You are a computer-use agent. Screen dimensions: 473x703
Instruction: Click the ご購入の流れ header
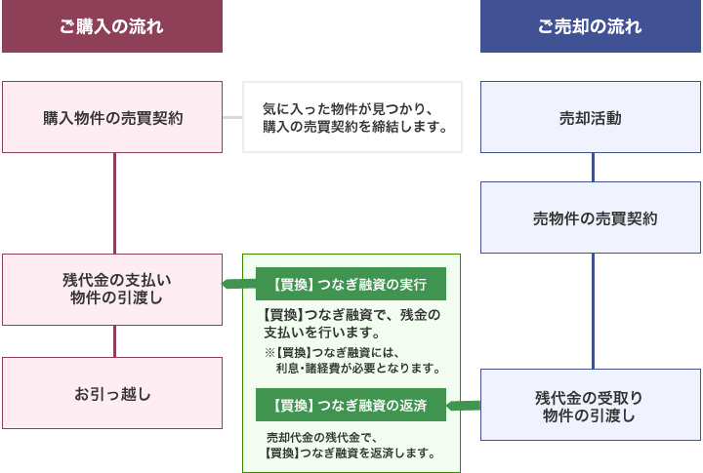[x=111, y=26]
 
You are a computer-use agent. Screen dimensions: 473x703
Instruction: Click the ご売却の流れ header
[x=590, y=26]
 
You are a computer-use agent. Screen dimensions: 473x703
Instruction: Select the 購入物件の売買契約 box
[x=111, y=118]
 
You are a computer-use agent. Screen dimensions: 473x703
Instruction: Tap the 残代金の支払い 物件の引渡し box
[x=111, y=290]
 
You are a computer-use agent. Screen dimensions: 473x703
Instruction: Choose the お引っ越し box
[x=111, y=393]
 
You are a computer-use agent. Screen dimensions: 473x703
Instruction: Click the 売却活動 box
[x=590, y=118]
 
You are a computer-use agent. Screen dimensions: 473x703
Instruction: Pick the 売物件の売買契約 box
[x=590, y=217]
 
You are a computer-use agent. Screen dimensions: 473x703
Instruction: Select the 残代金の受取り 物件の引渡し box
[x=590, y=405]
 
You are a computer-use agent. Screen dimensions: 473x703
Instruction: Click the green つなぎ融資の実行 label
[x=351, y=285]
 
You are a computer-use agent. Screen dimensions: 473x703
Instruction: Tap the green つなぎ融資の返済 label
[x=351, y=404]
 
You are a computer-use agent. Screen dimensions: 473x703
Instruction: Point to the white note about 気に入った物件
[x=352, y=118]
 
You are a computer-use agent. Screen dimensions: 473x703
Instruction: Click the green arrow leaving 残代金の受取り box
[x=465, y=404]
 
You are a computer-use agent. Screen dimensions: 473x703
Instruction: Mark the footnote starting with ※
[x=352, y=361]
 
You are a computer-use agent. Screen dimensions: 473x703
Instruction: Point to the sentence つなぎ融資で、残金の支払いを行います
[x=351, y=323]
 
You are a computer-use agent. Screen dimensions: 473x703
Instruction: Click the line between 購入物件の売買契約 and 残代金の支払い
[x=115, y=203]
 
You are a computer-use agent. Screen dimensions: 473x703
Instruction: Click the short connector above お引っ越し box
[x=115, y=340]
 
